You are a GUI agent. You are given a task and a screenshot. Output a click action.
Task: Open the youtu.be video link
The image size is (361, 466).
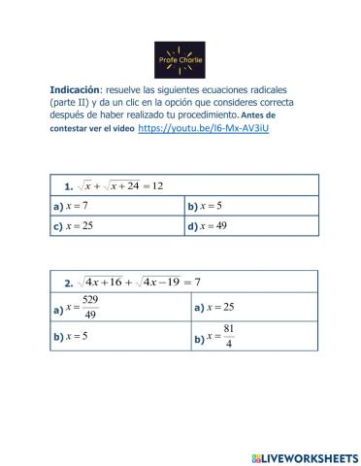203,128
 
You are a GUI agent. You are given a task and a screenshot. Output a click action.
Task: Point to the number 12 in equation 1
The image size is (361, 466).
157,185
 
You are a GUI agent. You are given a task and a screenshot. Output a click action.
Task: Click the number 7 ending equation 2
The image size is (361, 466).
197,283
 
